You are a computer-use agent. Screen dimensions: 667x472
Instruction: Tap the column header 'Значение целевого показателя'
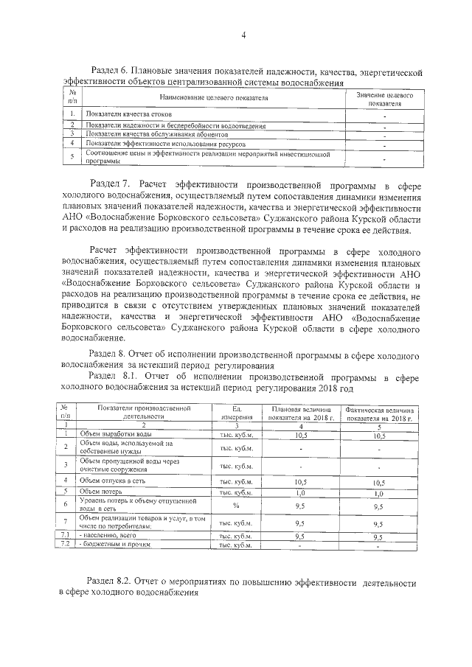[384, 99]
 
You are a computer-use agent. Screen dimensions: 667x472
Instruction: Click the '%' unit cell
[236, 506]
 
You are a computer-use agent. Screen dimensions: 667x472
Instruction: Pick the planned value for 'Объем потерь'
[300, 492]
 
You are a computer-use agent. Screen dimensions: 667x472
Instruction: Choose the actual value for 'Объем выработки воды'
[378, 435]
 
